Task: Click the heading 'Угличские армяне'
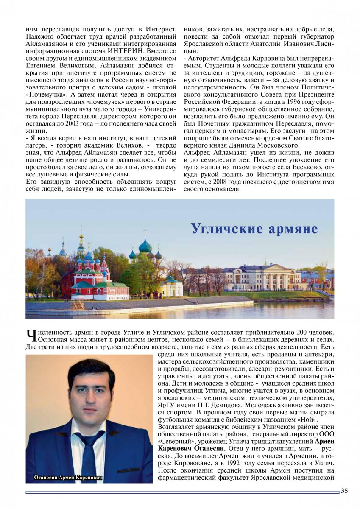click(x=254, y=228)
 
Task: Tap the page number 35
click(x=344, y=491)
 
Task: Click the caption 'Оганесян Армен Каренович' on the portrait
click(x=68, y=478)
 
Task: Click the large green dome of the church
click(x=145, y=246)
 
